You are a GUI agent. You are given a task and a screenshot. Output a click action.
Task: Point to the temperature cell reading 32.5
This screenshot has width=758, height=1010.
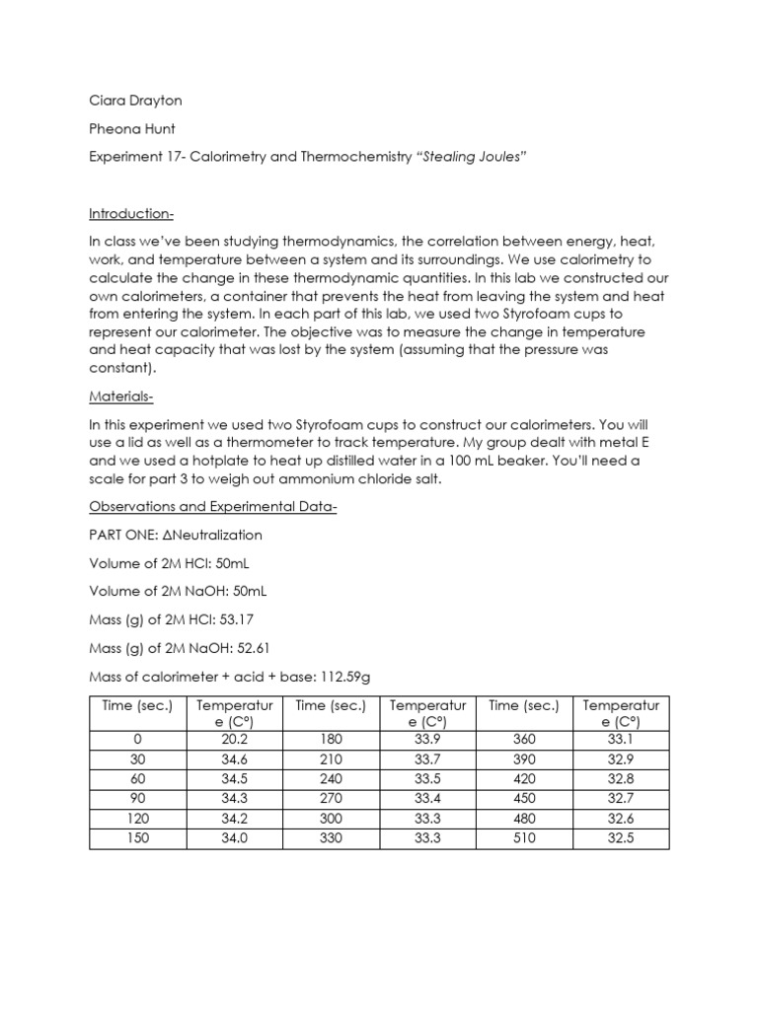tap(621, 837)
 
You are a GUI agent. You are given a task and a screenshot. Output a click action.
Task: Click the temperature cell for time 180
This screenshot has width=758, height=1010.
tap(427, 741)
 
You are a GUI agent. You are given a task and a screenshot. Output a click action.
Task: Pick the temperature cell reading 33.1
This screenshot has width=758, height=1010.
tap(621, 741)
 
